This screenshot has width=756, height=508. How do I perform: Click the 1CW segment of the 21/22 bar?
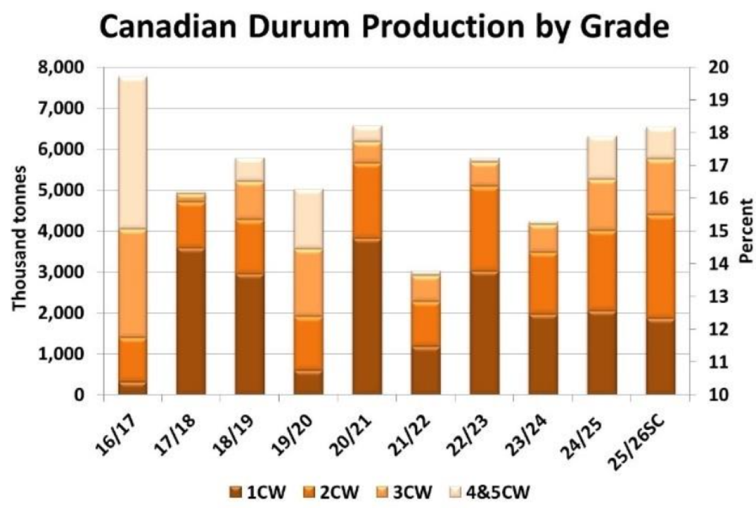pyautogui.click(x=426, y=371)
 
